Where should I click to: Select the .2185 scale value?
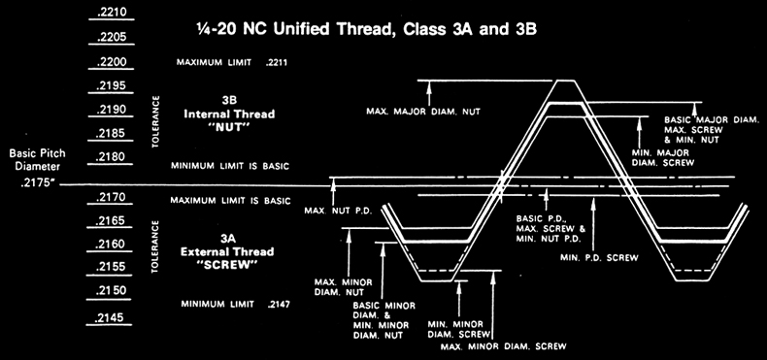coord(113,133)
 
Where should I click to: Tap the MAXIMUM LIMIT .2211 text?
coord(233,63)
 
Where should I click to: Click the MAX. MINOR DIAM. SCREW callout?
coord(501,346)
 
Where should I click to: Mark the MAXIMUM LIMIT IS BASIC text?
coord(230,201)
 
